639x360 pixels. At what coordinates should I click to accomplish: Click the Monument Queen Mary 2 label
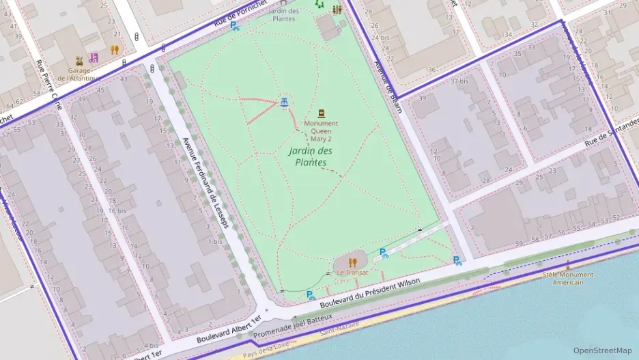click(x=321, y=131)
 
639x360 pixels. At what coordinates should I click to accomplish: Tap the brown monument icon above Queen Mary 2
click(x=322, y=113)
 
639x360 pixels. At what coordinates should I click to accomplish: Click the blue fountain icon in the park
click(x=283, y=102)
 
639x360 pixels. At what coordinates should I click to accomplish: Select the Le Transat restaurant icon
click(x=352, y=262)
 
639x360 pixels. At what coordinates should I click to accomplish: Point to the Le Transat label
click(x=352, y=273)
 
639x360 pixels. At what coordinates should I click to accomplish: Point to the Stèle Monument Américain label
click(x=568, y=278)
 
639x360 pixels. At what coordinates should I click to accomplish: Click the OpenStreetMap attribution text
click(x=602, y=350)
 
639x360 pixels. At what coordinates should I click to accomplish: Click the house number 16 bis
click(x=117, y=210)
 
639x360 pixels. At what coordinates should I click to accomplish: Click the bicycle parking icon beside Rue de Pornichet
click(x=234, y=27)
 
